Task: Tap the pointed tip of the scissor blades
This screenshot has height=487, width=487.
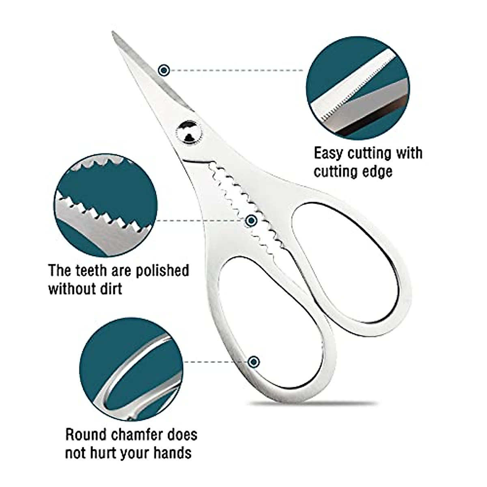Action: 113,34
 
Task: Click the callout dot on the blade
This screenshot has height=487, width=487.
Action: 164,71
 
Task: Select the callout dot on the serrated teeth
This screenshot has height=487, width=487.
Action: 252,221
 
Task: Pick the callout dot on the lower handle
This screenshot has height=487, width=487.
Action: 254,362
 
